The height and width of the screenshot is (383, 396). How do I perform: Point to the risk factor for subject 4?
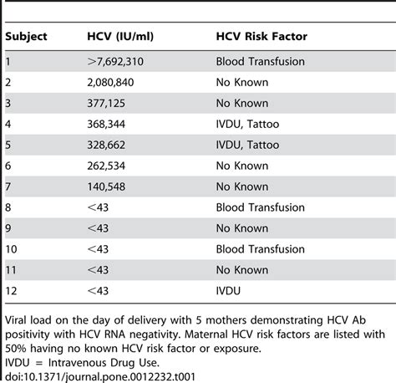point(249,124)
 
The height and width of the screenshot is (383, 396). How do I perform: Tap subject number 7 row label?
point(8,186)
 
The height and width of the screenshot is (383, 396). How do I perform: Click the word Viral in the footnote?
point(19,319)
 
